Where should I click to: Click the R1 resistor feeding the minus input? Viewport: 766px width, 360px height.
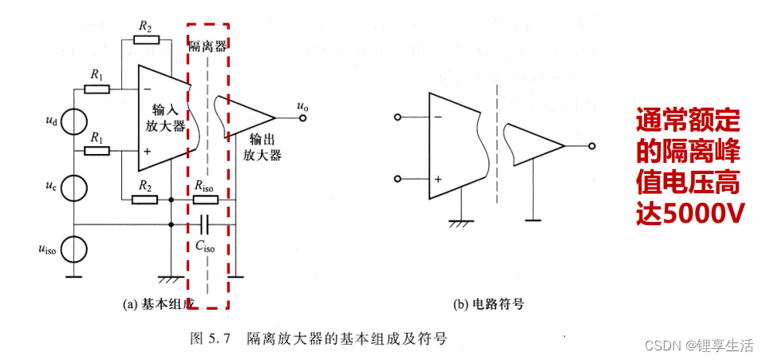click(x=97, y=88)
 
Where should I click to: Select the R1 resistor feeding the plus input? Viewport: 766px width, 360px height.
click(x=97, y=150)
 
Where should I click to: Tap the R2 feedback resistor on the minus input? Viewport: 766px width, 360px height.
click(x=146, y=38)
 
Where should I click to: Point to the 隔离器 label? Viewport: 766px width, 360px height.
click(x=207, y=45)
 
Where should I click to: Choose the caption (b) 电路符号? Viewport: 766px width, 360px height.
click(x=488, y=304)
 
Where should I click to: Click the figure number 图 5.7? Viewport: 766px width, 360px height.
click(x=210, y=338)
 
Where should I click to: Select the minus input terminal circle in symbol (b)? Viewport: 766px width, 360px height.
click(x=399, y=117)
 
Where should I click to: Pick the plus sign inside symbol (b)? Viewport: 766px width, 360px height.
click(x=438, y=179)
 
